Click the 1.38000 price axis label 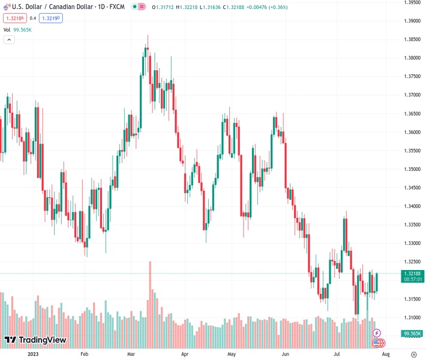click(412, 58)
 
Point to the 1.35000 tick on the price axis click(412, 169)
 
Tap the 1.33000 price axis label click(412, 244)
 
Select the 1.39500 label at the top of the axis click(412, 2)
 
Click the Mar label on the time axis click(131, 354)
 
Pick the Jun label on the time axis click(286, 354)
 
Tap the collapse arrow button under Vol click(9, 40)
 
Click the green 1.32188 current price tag click(412, 274)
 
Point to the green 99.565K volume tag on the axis click(412, 334)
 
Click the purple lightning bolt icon click(377, 333)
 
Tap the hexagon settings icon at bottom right click(413, 354)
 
